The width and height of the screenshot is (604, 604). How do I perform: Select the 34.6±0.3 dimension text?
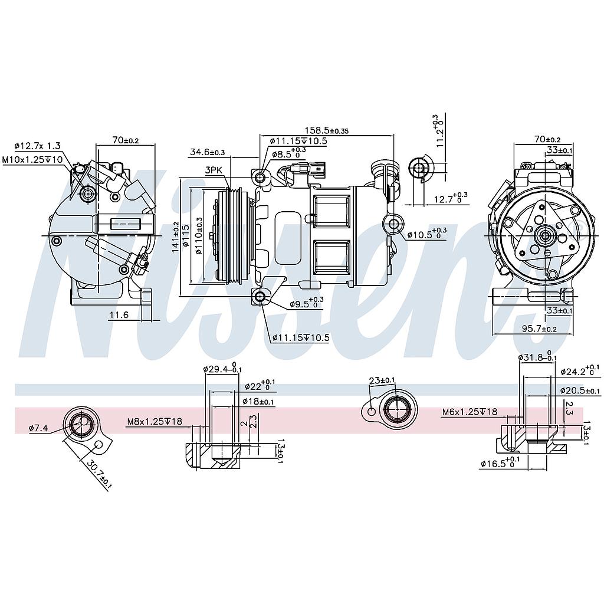(207, 152)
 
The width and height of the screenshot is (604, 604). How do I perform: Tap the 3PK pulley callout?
(214, 170)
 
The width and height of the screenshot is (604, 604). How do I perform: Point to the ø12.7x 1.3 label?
(37, 146)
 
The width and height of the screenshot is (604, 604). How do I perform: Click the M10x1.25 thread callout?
(32, 160)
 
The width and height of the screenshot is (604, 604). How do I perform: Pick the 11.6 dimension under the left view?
(118, 316)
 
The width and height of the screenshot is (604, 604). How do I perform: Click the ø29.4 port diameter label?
(219, 369)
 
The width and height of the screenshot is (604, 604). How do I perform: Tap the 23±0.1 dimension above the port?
(382, 380)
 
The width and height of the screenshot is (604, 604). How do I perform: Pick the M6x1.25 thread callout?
(470, 412)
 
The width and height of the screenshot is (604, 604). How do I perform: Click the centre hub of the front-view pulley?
(543, 236)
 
